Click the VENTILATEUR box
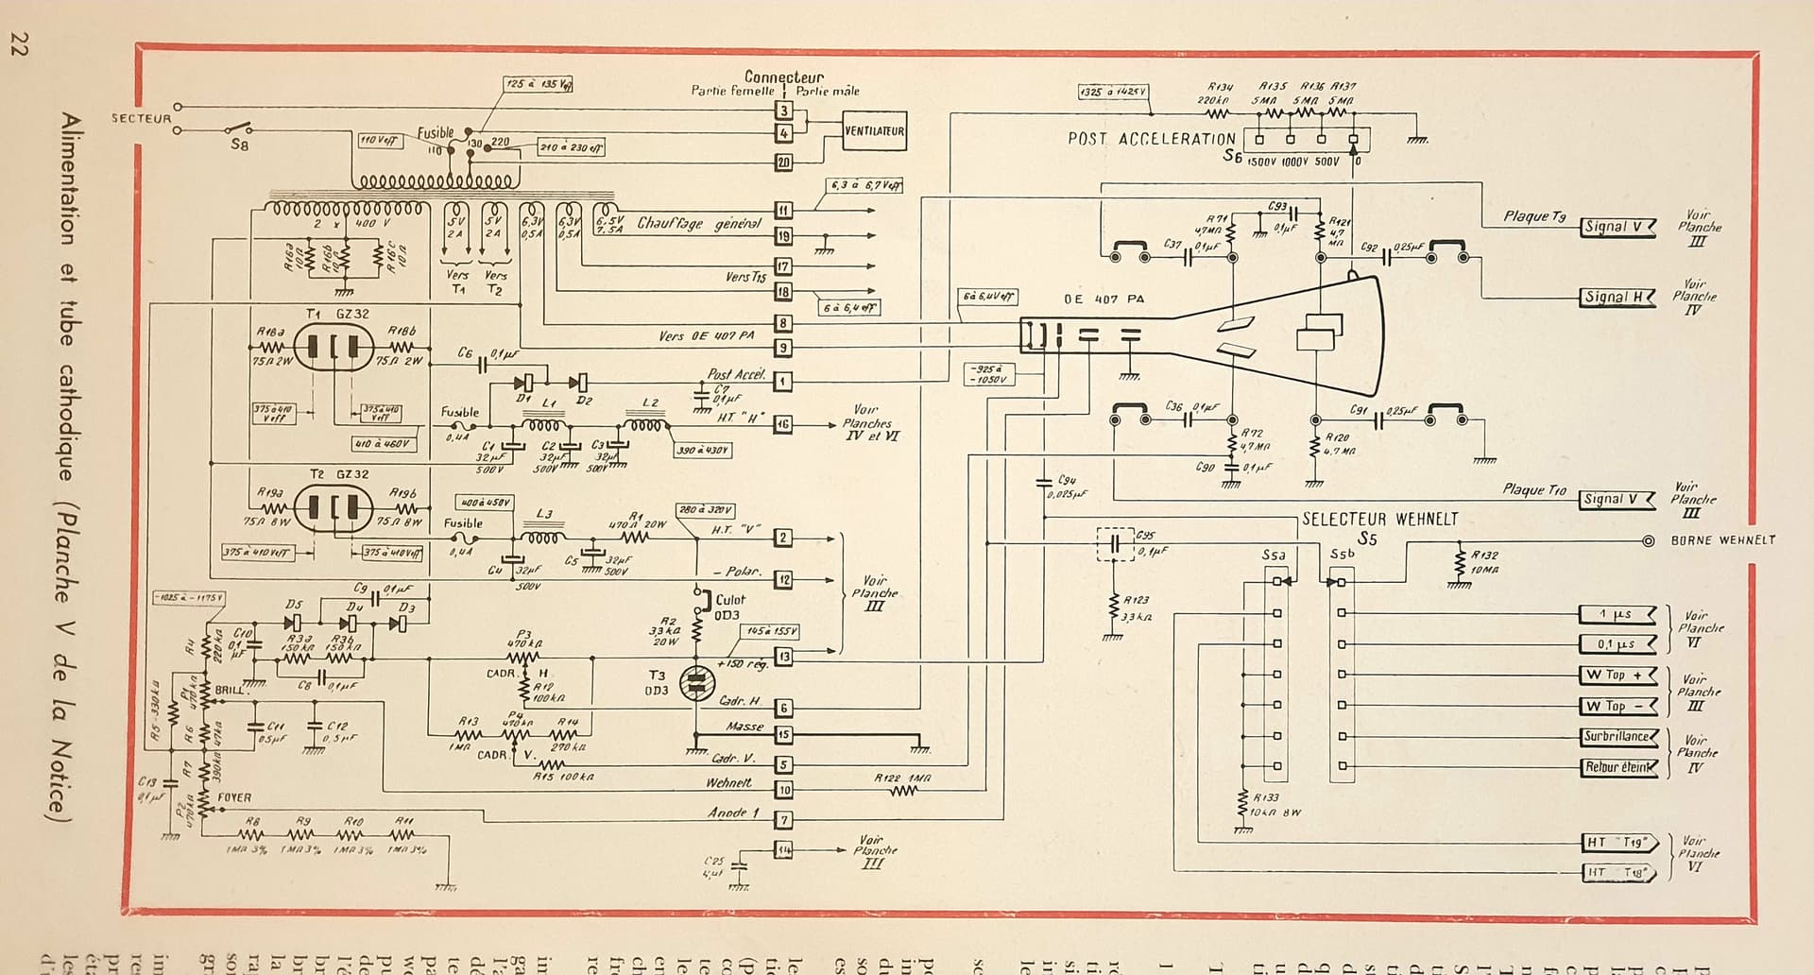tap(874, 131)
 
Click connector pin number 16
tap(782, 425)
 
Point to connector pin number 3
tap(783, 111)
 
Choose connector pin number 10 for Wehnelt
tap(783, 790)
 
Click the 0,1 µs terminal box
tap(1617, 644)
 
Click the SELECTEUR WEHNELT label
tap(1379, 519)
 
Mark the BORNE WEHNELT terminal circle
tap(1648, 541)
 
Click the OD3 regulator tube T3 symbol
tap(698, 683)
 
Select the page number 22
tap(16, 44)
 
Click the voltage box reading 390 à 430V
tap(702, 451)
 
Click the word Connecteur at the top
tap(783, 77)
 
